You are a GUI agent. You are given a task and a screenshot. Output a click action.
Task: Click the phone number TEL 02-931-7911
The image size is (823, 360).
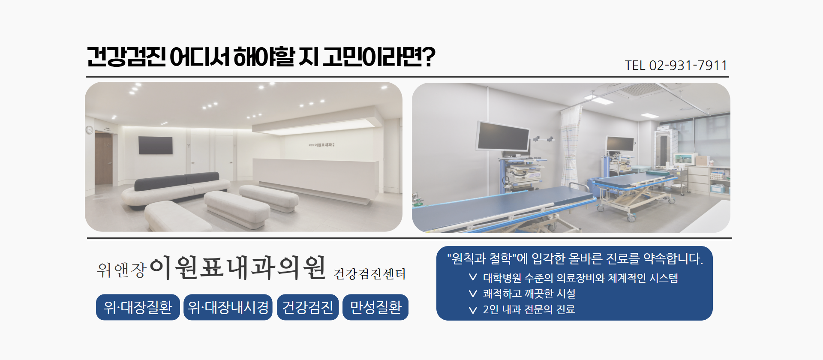coord(676,66)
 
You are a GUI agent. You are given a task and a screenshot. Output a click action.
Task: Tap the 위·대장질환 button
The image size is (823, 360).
coord(138,307)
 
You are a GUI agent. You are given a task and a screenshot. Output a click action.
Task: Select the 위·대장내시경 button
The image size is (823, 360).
coord(228,307)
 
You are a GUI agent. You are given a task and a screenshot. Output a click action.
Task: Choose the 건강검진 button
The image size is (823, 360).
coord(308,307)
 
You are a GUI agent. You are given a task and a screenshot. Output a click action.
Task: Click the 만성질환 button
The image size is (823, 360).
coord(375,307)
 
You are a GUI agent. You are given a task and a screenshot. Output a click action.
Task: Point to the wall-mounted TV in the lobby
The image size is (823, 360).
coord(155,145)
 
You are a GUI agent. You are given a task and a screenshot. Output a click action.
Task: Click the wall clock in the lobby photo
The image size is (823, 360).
coord(89,129)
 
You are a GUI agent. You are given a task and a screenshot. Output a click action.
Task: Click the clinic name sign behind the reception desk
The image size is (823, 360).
coord(321,145)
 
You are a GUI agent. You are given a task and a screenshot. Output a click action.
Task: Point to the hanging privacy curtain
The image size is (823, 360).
coord(571,146)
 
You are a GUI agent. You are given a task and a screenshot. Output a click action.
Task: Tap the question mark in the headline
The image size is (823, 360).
coord(428,57)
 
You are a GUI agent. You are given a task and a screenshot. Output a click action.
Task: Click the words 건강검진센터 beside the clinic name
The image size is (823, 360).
coord(369,274)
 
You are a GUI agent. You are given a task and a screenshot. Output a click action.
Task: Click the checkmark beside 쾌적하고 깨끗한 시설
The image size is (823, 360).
coord(473,294)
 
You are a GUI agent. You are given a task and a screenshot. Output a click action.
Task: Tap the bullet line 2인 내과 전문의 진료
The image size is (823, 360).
coord(529,309)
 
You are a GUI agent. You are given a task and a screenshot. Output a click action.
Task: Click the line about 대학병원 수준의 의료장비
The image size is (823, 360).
coord(580,278)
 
